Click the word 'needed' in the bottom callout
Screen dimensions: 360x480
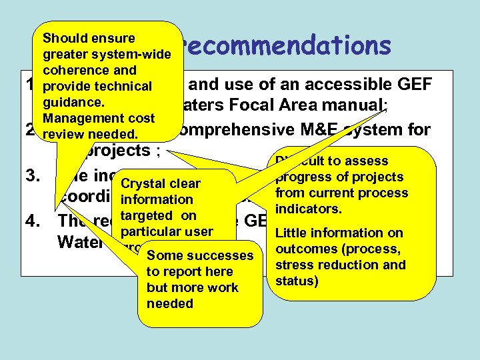(169, 303)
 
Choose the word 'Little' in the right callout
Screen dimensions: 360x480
(291, 233)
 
